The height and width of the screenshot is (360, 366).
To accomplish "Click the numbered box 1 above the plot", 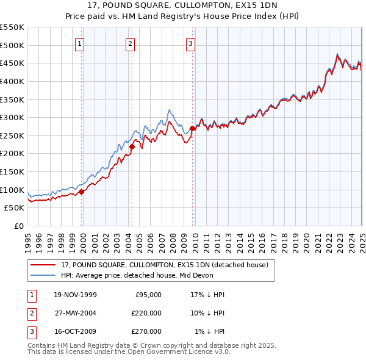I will [x=81, y=43].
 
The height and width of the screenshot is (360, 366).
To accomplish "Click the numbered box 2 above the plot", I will [x=131, y=43].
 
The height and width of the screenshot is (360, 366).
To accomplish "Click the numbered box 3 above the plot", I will [x=190, y=43].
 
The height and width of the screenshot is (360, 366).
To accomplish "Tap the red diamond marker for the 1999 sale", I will [x=82, y=192].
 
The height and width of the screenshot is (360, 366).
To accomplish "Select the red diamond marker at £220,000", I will [x=132, y=146].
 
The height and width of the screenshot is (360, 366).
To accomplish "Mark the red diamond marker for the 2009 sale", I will [x=192, y=128].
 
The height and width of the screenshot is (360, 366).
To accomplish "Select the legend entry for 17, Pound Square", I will [x=165, y=265].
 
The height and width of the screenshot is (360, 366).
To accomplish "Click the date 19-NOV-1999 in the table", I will [x=75, y=294].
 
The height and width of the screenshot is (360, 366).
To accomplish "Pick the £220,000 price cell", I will [x=146, y=312].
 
